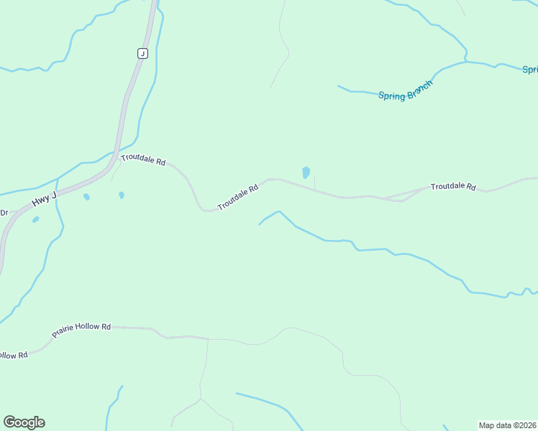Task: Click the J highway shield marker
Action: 142,53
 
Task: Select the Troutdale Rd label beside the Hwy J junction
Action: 143,160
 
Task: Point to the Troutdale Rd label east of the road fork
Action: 453,187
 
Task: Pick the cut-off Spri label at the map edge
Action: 529,70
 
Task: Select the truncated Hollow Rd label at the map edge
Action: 13,355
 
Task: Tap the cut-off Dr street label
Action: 4,212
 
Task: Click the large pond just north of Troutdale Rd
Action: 306,172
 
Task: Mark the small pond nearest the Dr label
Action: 35,219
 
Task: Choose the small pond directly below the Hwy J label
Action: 86,197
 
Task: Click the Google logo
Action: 24,422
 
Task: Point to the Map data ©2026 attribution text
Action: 507,425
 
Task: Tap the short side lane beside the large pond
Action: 315,182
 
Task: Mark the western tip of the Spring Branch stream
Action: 338,86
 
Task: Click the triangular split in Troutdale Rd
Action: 403,198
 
